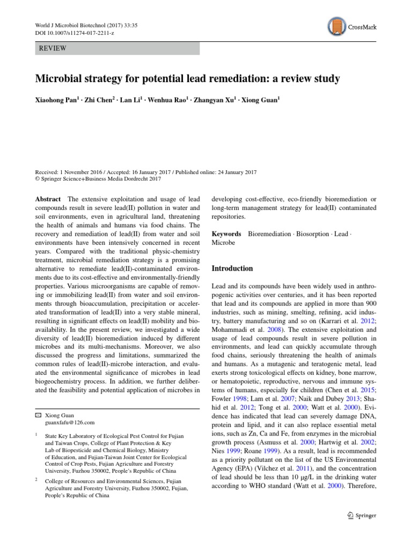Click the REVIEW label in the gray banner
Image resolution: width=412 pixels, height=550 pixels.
click(x=53, y=48)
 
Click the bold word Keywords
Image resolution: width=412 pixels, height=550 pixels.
click(x=226, y=234)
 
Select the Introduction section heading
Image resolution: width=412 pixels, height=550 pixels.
click(x=232, y=269)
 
